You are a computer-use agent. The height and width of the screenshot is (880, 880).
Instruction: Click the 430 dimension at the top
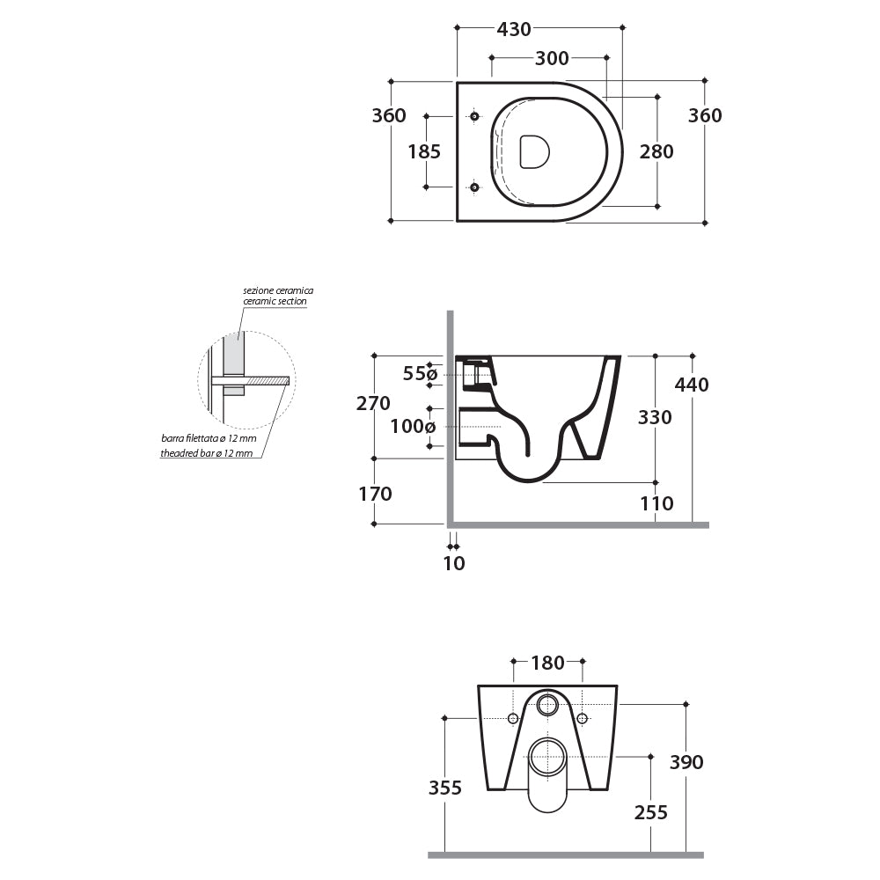pos(514,29)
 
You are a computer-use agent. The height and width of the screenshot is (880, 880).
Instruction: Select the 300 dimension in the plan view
pos(552,59)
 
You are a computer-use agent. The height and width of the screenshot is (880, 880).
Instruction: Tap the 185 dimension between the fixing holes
pos(424,151)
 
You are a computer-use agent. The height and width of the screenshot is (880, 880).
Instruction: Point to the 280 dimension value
pos(656,151)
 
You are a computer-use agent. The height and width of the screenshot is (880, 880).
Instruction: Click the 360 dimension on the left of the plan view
pos(388,115)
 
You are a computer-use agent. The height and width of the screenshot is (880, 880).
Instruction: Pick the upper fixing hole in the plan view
pos(474,116)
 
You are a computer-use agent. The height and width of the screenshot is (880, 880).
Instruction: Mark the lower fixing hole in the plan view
pos(474,187)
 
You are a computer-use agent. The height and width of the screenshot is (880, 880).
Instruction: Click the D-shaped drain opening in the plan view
pos(534,151)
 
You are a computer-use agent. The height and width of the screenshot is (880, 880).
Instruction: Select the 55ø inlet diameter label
pos(420,374)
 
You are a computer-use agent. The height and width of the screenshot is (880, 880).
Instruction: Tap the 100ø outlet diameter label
pos(413,427)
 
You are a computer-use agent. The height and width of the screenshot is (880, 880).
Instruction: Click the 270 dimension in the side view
pos(373,404)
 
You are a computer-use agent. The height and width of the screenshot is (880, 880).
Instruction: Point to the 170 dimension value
pos(375,494)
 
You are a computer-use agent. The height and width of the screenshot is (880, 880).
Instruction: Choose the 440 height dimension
pos(692,385)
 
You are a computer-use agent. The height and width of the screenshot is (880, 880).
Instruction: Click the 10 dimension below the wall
pos(454,563)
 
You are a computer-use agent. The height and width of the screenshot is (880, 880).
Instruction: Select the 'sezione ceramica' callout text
pos(278,290)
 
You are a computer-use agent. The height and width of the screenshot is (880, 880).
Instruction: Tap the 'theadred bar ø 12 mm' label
pos(206,453)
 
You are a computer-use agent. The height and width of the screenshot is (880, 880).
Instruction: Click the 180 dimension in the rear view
pos(547,664)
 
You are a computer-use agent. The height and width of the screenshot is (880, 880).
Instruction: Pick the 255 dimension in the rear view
pos(651,812)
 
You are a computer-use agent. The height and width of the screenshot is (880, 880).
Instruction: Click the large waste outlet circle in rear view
pos(547,757)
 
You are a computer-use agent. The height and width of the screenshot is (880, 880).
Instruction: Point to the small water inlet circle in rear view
pos(547,704)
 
